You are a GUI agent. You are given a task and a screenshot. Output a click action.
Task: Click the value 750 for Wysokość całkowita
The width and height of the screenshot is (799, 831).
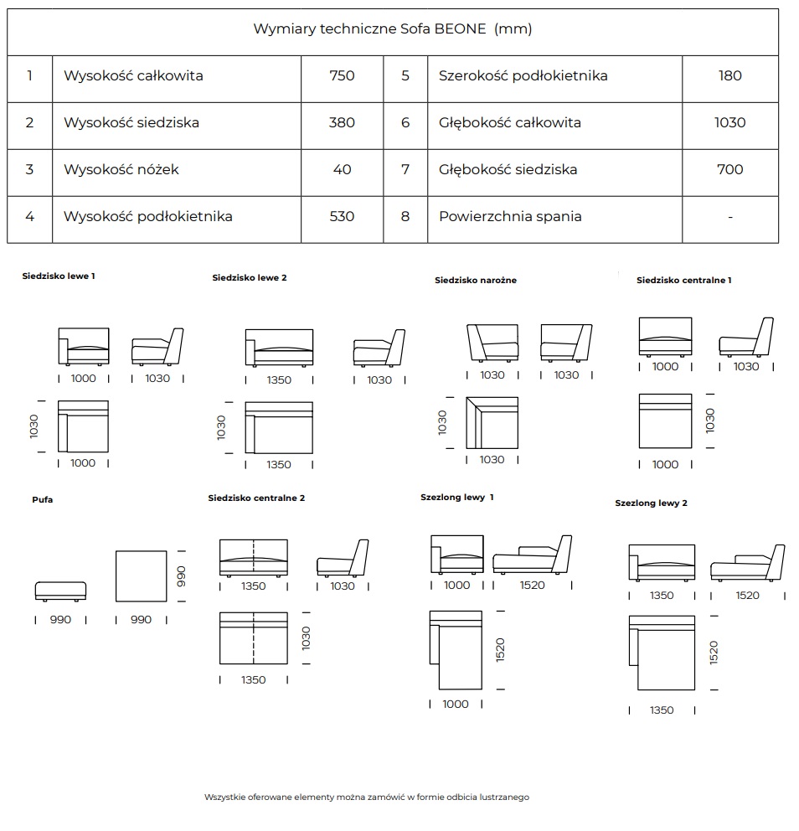point(342,75)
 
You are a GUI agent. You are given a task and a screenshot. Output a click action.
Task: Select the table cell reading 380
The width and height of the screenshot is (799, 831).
point(342,123)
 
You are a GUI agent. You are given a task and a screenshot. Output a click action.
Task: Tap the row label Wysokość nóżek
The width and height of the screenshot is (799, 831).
point(121,169)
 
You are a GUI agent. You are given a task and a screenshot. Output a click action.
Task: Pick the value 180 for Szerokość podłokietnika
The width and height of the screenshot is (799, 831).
point(729,75)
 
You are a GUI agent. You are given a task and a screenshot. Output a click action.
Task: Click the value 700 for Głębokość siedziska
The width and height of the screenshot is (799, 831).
point(729,169)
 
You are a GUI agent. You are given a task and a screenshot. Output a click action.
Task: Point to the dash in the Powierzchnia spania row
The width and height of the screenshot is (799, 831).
point(730,217)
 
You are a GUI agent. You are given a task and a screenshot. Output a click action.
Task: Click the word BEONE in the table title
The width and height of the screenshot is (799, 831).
point(460,28)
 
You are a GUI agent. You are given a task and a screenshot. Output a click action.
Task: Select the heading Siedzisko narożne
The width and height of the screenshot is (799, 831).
point(475,281)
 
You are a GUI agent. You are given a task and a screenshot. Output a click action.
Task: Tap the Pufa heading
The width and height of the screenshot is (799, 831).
point(43,500)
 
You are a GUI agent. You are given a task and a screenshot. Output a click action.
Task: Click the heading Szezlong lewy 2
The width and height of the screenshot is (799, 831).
point(651,503)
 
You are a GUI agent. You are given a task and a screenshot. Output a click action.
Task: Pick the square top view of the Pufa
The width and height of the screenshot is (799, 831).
point(141,576)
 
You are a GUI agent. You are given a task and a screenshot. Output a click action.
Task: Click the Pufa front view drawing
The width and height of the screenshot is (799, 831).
point(60,591)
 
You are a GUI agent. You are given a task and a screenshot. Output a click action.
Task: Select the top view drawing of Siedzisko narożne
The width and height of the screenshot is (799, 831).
point(492,423)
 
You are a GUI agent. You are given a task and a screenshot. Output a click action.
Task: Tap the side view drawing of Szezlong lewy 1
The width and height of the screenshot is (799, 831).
point(532,555)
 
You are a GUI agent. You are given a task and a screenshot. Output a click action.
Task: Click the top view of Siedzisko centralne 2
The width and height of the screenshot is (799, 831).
point(253,638)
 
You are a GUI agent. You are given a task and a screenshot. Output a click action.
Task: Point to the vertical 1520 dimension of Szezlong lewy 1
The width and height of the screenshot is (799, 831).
point(500,650)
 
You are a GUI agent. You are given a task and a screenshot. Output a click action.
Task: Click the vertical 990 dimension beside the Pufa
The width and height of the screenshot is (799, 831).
point(181,576)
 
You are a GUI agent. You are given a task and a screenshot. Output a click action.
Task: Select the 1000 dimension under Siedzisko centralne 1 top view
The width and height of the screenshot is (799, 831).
point(665,465)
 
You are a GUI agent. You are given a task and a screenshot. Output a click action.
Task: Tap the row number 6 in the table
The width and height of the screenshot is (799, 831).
point(405,123)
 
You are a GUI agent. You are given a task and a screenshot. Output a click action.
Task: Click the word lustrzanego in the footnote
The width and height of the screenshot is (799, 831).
point(504,797)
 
